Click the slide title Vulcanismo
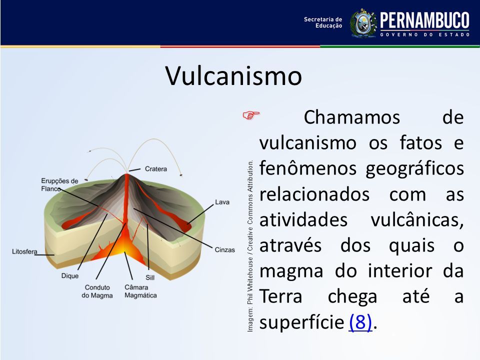[x=233, y=75]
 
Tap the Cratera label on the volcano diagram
[x=156, y=168]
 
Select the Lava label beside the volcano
[x=222, y=202]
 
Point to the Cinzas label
[x=224, y=250]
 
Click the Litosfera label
[x=24, y=251]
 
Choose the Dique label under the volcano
[x=70, y=276]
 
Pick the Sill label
[x=150, y=277]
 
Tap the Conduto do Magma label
[x=97, y=291]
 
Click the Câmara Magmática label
[x=141, y=291]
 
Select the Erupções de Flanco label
[x=59, y=185]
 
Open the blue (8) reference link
[x=360, y=322]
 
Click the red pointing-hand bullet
[x=251, y=115]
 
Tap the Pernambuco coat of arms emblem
[x=363, y=23]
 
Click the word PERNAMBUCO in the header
[x=424, y=21]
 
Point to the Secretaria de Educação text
[x=323, y=22]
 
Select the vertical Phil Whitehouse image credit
[x=250, y=246]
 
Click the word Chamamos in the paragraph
[x=351, y=117]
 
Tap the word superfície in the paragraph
[x=302, y=322]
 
